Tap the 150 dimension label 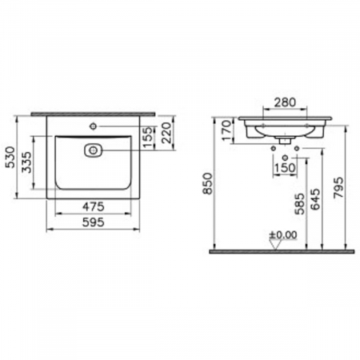pyautogui.click(x=280, y=167)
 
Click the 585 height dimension pyautogui.click(x=298, y=210)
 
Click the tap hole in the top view pyautogui.click(x=94, y=125)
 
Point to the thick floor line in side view pyautogui.click(x=280, y=251)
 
